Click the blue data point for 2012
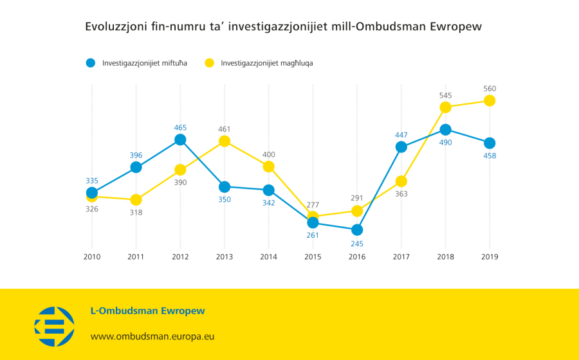(180, 139)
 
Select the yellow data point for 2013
(225, 141)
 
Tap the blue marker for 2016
(357, 230)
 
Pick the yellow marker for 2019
(490, 100)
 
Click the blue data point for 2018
(445, 130)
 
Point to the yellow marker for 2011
(136, 200)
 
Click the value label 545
(445, 95)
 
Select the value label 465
(180, 127)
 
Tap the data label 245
(357, 243)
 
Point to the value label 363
(401, 194)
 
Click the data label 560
(490, 89)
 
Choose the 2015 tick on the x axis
(313, 256)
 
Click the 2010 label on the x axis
(91, 256)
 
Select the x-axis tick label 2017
(401, 256)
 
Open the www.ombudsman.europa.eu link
(152, 336)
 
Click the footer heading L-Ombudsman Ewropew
(147, 311)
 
